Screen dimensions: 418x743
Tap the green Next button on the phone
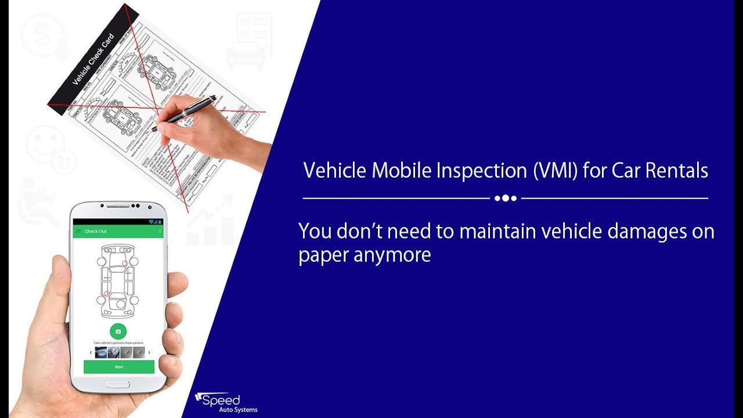pyautogui.click(x=119, y=367)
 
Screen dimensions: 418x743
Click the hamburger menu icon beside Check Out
pyautogui.click(x=78, y=232)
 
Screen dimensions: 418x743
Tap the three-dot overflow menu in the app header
pyautogui.click(x=160, y=232)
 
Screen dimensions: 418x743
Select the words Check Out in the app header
pyautogui.click(x=96, y=232)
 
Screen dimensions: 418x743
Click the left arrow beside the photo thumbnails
pyautogui.click(x=91, y=352)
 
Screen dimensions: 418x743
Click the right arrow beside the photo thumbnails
pyautogui.click(x=149, y=352)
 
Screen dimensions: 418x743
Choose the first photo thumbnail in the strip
pyautogui.click(x=101, y=352)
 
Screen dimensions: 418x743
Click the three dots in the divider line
pyautogui.click(x=506, y=199)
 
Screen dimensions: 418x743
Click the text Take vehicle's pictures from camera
pyautogui.click(x=118, y=343)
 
